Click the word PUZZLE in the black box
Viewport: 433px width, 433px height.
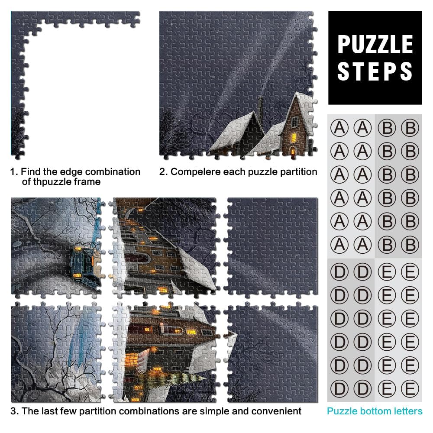tap(375, 45)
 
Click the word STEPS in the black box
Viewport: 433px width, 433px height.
tap(375, 71)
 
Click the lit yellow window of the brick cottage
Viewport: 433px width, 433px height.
tap(293, 137)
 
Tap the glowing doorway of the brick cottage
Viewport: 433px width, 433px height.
tap(292, 151)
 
